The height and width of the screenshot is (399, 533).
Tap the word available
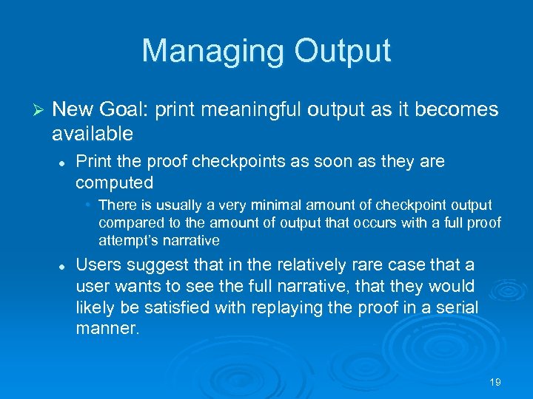[93, 134]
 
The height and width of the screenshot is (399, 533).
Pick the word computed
[115, 183]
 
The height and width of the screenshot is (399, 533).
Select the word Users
[98, 265]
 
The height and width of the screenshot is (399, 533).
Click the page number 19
[495, 382]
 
